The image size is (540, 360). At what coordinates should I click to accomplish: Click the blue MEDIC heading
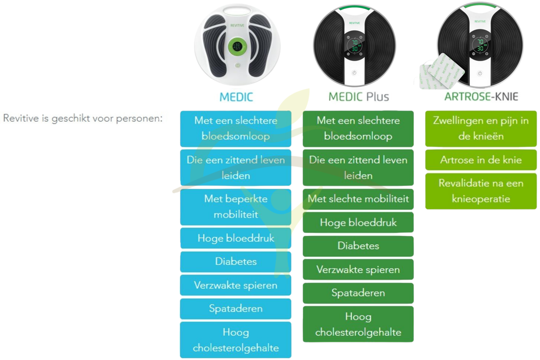click(x=236, y=97)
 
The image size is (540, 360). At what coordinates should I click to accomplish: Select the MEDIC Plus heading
click(x=359, y=97)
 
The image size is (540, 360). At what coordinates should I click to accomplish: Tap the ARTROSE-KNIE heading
click(x=481, y=97)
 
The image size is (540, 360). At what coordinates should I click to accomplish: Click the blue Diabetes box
click(x=236, y=261)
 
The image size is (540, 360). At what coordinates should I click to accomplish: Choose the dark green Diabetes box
click(x=358, y=246)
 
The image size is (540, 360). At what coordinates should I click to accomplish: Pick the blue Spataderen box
click(x=236, y=309)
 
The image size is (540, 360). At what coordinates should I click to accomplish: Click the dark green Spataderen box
click(x=358, y=293)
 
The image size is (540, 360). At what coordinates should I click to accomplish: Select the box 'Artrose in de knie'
click(x=481, y=160)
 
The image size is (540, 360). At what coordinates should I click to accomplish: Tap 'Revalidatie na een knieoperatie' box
click(x=481, y=191)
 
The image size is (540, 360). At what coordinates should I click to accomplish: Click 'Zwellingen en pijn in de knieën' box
click(x=481, y=128)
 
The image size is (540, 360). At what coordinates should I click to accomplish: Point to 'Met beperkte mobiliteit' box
click(x=236, y=207)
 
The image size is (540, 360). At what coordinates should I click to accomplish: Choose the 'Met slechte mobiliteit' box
click(x=358, y=199)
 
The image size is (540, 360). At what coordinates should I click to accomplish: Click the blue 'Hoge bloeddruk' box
click(x=236, y=238)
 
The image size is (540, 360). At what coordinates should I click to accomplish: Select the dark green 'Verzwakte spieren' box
click(x=358, y=270)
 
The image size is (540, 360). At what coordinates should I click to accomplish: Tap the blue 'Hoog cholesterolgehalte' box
click(x=236, y=340)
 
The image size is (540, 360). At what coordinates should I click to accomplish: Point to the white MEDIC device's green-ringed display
click(x=236, y=46)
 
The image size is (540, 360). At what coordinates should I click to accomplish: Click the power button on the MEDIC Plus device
click(x=354, y=73)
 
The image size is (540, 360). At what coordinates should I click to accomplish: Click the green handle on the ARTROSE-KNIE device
click(x=480, y=6)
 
